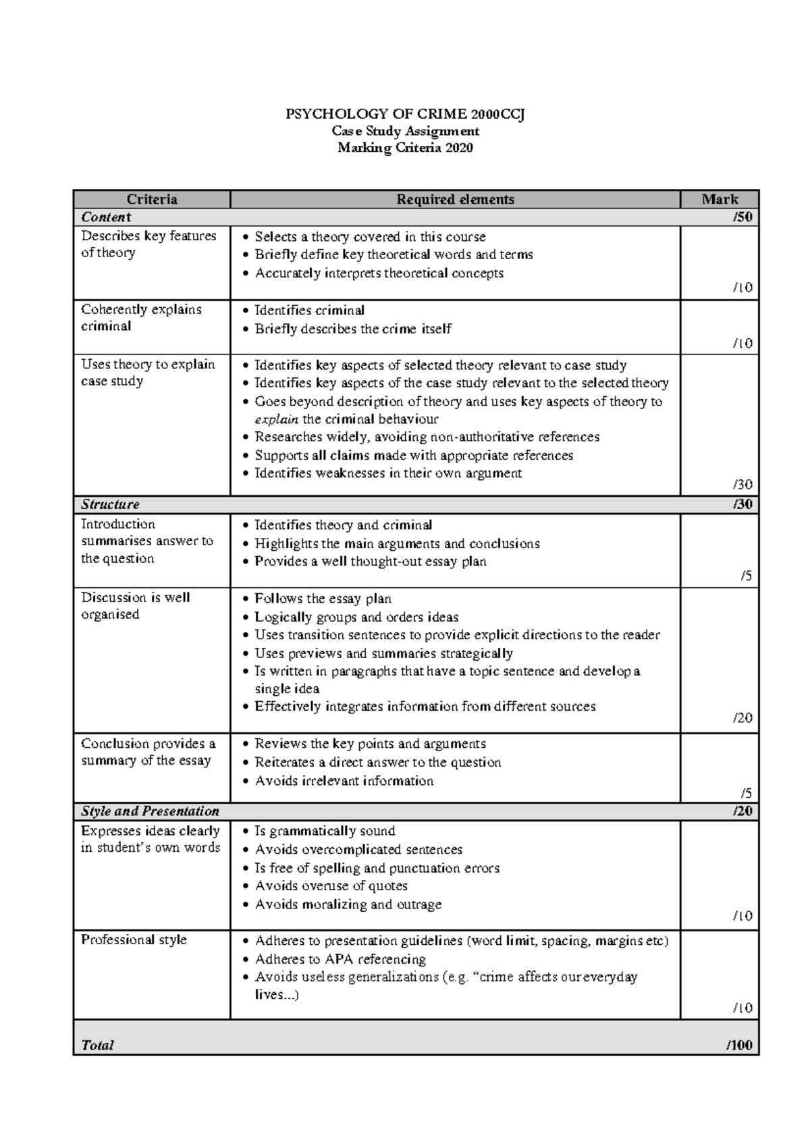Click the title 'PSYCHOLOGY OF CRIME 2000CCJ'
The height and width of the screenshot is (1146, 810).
click(x=405, y=114)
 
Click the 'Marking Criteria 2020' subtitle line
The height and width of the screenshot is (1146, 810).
click(x=405, y=148)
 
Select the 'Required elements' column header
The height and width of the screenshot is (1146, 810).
click(x=455, y=199)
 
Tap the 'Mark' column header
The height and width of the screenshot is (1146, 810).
click(x=720, y=199)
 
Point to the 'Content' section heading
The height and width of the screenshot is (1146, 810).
click(x=106, y=217)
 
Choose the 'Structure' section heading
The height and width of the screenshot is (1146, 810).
click(x=110, y=504)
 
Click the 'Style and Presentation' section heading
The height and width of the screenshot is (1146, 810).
click(x=150, y=811)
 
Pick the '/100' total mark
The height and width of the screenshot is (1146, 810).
click(x=740, y=1045)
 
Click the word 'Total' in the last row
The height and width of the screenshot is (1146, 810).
click(x=97, y=1045)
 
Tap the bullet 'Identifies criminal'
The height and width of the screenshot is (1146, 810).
click(x=309, y=310)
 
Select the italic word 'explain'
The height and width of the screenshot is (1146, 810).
click(x=276, y=419)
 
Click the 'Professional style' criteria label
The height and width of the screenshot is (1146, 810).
click(x=134, y=939)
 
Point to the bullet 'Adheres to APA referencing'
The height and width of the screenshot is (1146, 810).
click(x=340, y=959)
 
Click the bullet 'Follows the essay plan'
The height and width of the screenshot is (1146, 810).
click(x=323, y=599)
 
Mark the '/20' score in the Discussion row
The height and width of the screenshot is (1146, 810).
click(x=742, y=718)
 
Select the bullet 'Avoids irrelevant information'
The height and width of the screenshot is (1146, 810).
click(x=344, y=781)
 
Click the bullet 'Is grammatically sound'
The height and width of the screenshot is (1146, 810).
click(x=325, y=831)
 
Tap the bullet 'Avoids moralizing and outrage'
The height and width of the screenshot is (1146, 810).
click(x=348, y=904)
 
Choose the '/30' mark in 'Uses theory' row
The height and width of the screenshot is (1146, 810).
click(x=742, y=485)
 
